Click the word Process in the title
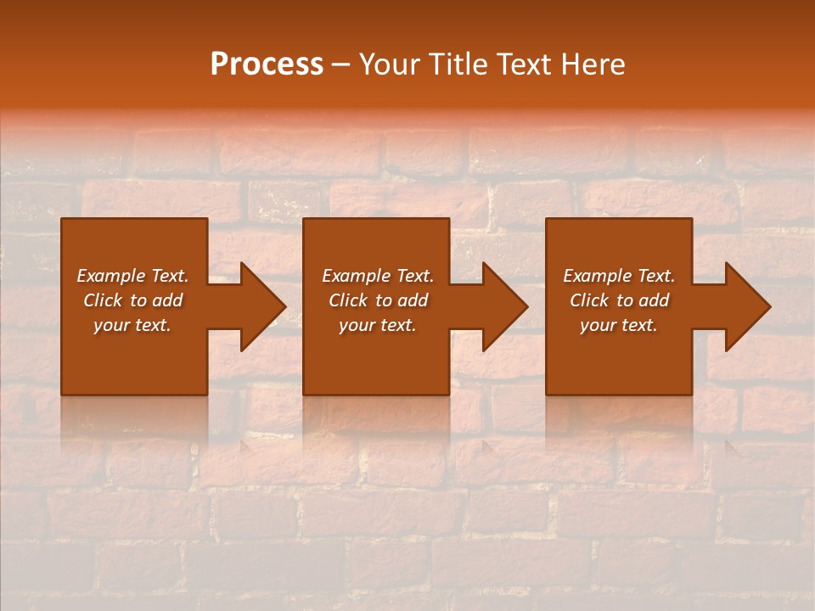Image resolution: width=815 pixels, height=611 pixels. [267, 64]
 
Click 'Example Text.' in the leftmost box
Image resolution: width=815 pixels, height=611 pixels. [132, 276]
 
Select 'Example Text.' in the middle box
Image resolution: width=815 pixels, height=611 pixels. [378, 276]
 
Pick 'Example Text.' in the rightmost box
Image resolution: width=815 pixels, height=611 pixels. [619, 276]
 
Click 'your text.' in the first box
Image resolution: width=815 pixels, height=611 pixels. [132, 325]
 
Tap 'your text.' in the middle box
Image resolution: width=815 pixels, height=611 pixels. [378, 325]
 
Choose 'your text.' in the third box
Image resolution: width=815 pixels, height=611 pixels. [619, 325]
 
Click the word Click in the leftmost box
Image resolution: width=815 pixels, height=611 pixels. [103, 300]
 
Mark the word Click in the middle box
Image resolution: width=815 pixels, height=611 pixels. [348, 300]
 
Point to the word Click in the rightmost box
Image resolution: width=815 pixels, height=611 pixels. [589, 300]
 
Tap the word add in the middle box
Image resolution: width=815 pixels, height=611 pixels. [413, 300]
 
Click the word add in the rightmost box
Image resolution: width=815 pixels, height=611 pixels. [654, 300]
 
